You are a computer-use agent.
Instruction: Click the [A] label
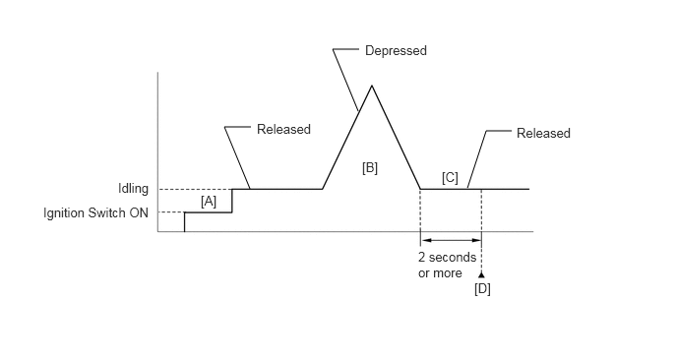tap(209, 202)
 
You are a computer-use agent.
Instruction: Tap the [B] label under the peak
tap(370, 168)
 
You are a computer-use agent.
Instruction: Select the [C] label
tap(450, 178)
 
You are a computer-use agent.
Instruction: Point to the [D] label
tap(482, 289)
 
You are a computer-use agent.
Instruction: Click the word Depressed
tap(396, 50)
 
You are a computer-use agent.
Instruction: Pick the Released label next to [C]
tap(543, 133)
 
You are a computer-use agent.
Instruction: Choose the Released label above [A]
tap(283, 129)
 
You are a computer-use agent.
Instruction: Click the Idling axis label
tap(134, 189)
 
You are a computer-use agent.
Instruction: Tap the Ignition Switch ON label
tap(95, 212)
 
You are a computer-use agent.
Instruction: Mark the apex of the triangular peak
tap(372, 86)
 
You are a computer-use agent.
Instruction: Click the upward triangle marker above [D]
tap(481, 274)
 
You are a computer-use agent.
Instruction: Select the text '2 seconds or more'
tap(447, 265)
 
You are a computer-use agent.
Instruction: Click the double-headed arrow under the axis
tap(452, 240)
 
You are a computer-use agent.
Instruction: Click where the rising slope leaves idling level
tap(322, 189)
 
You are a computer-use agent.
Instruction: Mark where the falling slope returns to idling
tap(420, 189)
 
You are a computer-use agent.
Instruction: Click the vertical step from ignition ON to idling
tap(232, 201)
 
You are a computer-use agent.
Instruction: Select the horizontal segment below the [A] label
tap(208, 212)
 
